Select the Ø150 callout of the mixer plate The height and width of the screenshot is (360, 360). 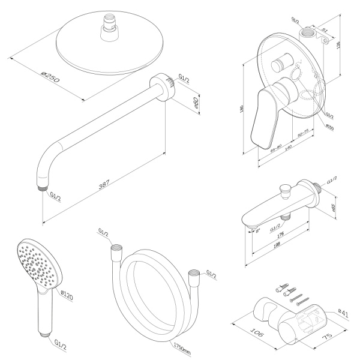(x=329, y=127)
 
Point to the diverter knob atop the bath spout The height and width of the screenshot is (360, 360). (x=286, y=191)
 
